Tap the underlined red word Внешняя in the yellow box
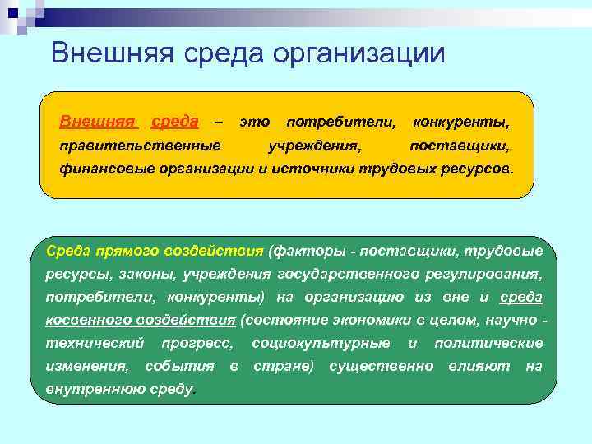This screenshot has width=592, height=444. click(x=98, y=122)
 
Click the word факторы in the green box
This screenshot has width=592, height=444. click(x=308, y=250)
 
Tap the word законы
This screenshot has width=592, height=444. click(x=155, y=273)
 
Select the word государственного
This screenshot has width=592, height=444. click(x=349, y=273)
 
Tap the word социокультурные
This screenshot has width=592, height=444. click(x=321, y=342)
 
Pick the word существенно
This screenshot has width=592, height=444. click(x=381, y=365)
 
